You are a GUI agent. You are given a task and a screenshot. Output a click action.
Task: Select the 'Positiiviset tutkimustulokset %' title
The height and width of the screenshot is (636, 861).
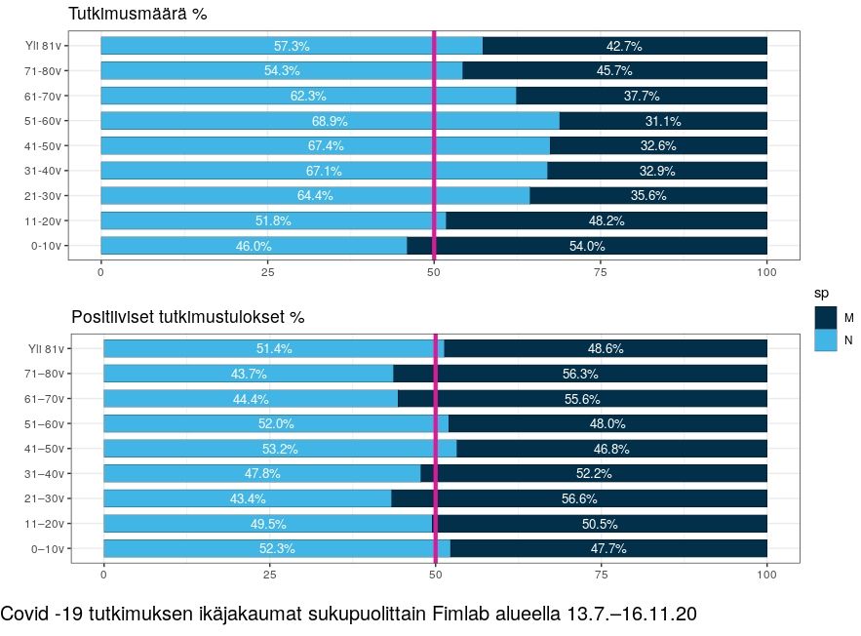tap(188, 318)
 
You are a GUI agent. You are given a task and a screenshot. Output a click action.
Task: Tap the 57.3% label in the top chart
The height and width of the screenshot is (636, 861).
tap(292, 46)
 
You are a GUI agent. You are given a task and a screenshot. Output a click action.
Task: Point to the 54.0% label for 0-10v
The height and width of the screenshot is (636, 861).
tap(587, 246)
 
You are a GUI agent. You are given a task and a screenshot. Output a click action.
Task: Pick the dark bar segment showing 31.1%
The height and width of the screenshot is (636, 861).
tap(663, 121)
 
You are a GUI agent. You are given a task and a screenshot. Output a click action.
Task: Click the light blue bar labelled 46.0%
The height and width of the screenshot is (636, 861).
tap(254, 246)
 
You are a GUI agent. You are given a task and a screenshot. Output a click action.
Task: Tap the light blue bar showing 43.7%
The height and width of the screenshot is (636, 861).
tap(248, 374)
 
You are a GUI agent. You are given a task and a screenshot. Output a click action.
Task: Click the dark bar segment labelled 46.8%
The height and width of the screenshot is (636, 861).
tap(612, 449)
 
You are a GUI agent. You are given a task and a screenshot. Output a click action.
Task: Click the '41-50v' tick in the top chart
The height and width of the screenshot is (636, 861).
tap(47, 145)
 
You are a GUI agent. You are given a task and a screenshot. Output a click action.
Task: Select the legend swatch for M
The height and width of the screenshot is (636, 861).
tap(825, 317)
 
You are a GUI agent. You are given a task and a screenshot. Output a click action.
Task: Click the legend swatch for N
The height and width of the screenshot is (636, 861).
tap(825, 340)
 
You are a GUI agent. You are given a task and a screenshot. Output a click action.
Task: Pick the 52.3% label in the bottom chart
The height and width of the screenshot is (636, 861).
tap(277, 548)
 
